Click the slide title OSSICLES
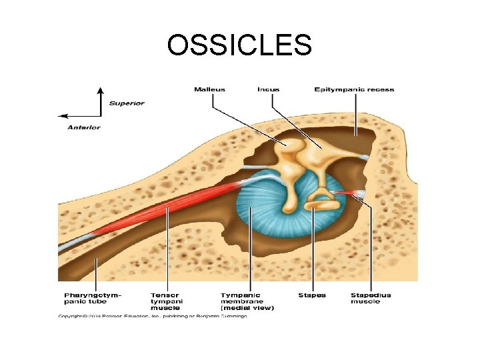pyautogui.click(x=239, y=45)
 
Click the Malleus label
pyautogui.click(x=210, y=90)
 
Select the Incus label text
pyautogui.click(x=269, y=90)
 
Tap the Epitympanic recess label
pyautogui.click(x=354, y=90)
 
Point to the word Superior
pyautogui.click(x=127, y=103)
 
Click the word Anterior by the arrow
pyautogui.click(x=84, y=127)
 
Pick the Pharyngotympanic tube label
pyautogui.click(x=93, y=299)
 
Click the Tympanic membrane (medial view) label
pyautogui.click(x=247, y=301)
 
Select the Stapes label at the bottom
pyautogui.click(x=311, y=295)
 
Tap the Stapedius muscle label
pyautogui.click(x=371, y=299)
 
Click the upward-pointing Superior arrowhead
pyautogui.click(x=100, y=91)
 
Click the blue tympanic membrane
pyautogui.click(x=267, y=213)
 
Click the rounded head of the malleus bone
pyautogui.click(x=291, y=145)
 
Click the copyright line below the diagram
pyautogui.click(x=153, y=315)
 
